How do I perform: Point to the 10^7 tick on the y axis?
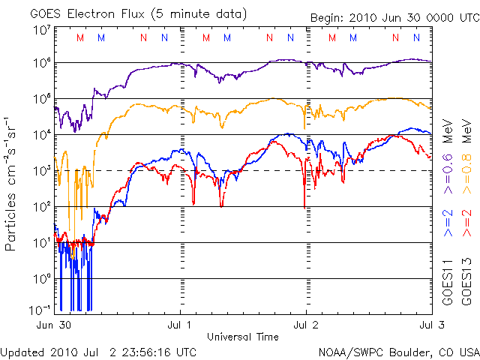pyautogui.click(x=42, y=30)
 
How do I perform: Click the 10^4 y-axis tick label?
pyautogui.click(x=42, y=135)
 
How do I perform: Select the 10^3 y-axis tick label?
pyautogui.click(x=42, y=171)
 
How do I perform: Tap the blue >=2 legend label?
pyautogui.click(x=448, y=224)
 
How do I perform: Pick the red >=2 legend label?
pyautogui.click(x=466, y=224)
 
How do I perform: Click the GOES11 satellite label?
pyautogui.click(x=448, y=285)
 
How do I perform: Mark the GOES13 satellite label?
pyautogui.click(x=466, y=285)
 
